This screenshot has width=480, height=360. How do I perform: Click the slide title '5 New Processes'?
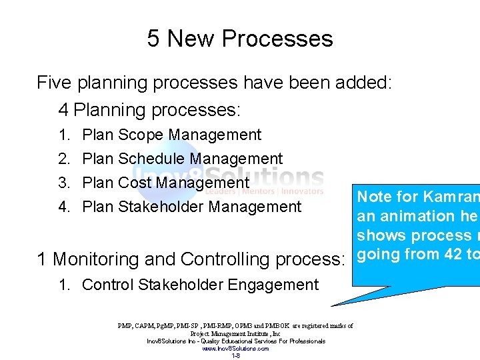coord(240,39)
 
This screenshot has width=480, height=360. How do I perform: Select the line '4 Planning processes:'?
coord(149,109)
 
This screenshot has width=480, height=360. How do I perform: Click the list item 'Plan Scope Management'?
coord(171,135)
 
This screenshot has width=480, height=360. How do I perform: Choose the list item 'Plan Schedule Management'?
coord(182,159)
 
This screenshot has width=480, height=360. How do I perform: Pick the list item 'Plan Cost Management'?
coord(165,183)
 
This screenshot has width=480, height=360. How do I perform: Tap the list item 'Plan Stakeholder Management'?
coord(191,207)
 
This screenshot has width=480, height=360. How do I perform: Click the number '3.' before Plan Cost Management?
coord(65,183)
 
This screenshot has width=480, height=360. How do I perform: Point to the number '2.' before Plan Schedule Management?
coord(65,159)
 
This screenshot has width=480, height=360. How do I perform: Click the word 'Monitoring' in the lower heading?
coord(105,259)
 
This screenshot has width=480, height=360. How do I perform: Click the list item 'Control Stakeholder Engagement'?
coord(200,285)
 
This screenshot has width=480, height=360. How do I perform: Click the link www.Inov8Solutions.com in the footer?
coord(235,348)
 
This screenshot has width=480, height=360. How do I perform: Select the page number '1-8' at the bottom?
coord(235,355)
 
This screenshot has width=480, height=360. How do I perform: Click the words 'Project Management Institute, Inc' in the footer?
coord(235,333)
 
